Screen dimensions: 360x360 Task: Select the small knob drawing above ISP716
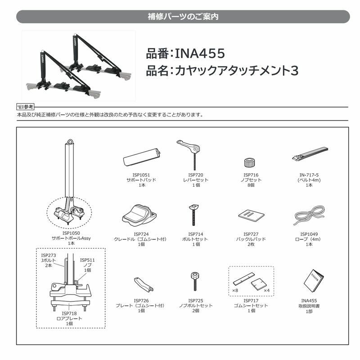coord(250,162)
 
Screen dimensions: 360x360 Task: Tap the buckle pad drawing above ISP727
coord(250,216)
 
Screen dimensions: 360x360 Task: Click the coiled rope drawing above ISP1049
coord(308,215)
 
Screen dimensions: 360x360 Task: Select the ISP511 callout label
coord(87,260)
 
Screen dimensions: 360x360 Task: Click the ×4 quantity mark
coord(266,291)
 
